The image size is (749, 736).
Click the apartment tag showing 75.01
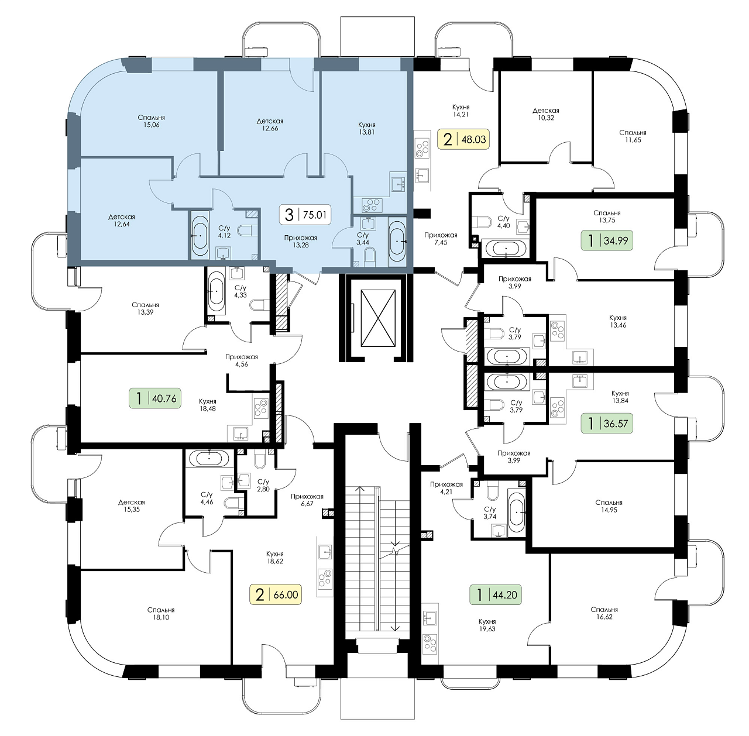[305, 215]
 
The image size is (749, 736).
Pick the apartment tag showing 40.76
[155, 398]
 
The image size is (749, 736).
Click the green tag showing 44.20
[496, 594]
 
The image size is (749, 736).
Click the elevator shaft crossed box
[378, 318]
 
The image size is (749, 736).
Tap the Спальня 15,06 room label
[151, 121]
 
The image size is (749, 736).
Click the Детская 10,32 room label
[546, 114]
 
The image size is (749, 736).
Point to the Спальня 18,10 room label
[160, 614]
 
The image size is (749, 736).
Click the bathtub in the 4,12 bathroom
[201, 236]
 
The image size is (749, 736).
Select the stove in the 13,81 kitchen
[372, 205]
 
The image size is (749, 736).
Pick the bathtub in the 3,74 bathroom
[517, 512]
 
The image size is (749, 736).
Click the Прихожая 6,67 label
[307, 500]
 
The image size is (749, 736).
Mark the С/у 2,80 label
[263, 486]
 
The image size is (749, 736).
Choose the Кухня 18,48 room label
[208, 405]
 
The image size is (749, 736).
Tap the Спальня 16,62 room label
[604, 613]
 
